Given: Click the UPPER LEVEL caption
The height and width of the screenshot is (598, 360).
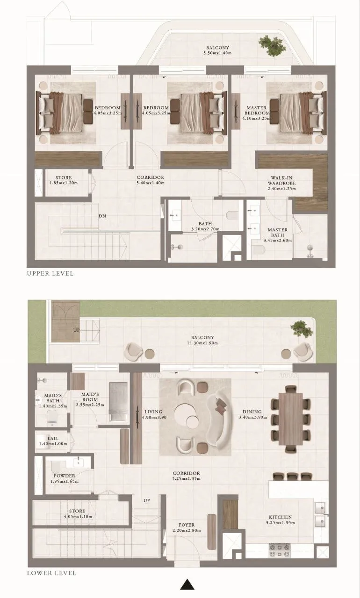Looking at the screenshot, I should pyautogui.click(x=50, y=273).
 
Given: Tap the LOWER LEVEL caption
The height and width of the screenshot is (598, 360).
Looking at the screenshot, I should pyautogui.click(x=51, y=573).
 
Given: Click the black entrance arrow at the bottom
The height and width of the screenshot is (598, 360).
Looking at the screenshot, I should pyautogui.click(x=187, y=584).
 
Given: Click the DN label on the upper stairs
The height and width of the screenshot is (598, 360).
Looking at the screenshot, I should pyautogui.click(x=101, y=216).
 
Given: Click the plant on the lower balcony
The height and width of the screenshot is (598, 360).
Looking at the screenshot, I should pyautogui.click(x=301, y=330).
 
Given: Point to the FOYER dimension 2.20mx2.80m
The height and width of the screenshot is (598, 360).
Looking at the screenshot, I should pyautogui.click(x=186, y=531).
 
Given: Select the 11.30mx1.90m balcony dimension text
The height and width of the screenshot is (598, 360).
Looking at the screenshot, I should pyautogui.click(x=202, y=343).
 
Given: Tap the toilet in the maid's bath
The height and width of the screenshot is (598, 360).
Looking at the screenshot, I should pyautogui.click(x=51, y=419).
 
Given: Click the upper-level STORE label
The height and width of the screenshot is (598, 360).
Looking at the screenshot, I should pyautogui.click(x=63, y=178).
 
